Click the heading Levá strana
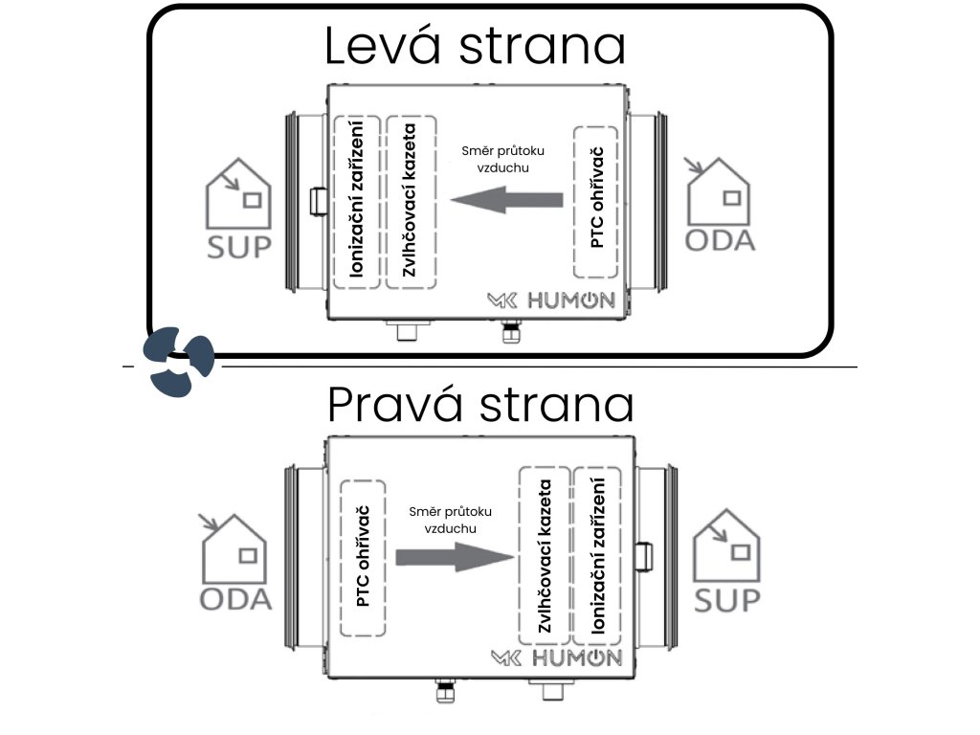pyautogui.click(x=475, y=46)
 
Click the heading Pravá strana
pyautogui.click(x=480, y=405)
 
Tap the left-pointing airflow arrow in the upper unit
pyautogui.click(x=506, y=200)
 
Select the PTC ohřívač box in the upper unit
pyautogui.click(x=597, y=200)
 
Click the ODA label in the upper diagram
pyautogui.click(x=720, y=238)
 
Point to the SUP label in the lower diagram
pyautogui.click(x=727, y=600)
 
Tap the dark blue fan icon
pyautogui.click(x=179, y=361)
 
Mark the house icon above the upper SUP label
pyautogui.click(x=239, y=195)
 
